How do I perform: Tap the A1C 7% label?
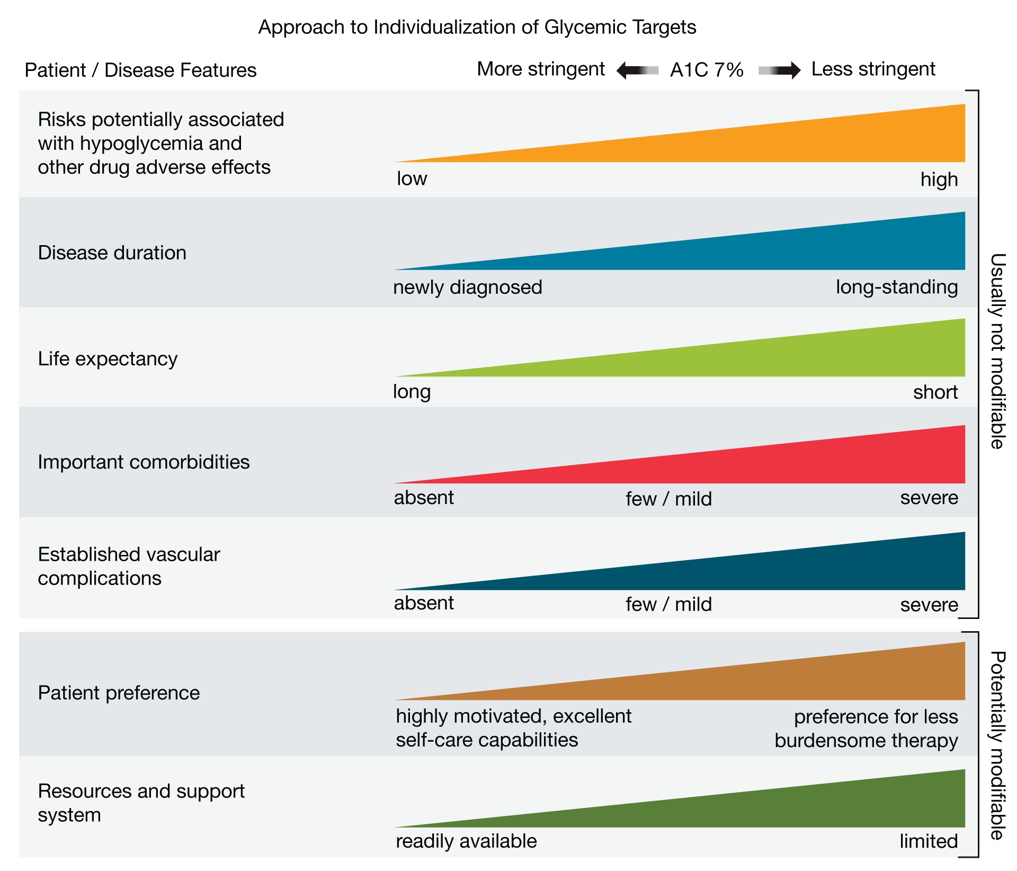click(707, 70)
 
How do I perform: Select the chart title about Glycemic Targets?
click(477, 27)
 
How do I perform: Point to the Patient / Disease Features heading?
click(140, 70)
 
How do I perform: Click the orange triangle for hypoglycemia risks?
click(795, 143)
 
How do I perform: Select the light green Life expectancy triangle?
click(795, 357)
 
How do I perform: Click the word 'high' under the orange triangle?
click(939, 179)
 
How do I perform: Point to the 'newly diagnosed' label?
click(468, 287)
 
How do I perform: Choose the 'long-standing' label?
click(897, 287)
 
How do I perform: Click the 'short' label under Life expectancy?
click(935, 392)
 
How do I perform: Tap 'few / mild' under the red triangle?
click(668, 499)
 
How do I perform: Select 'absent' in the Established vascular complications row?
click(424, 603)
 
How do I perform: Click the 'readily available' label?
click(466, 841)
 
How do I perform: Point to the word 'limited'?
click(929, 841)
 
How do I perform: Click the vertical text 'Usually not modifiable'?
click(997, 351)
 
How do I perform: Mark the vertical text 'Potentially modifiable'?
click(997, 745)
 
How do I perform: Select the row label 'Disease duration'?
click(112, 253)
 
